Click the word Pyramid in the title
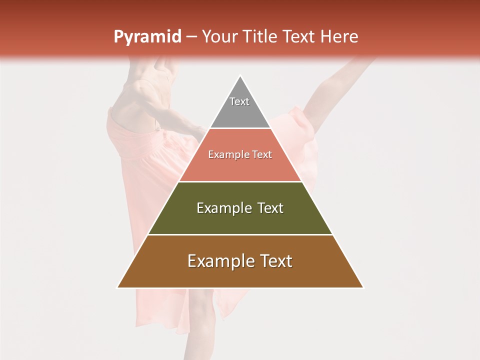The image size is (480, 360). (x=147, y=37)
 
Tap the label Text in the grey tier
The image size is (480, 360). (x=239, y=101)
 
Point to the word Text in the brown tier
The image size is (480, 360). (x=273, y=261)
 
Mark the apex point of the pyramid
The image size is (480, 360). (x=240, y=76)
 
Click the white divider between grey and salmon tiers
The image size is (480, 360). (x=240, y=128)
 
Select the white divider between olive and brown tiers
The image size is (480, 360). (x=240, y=234)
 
